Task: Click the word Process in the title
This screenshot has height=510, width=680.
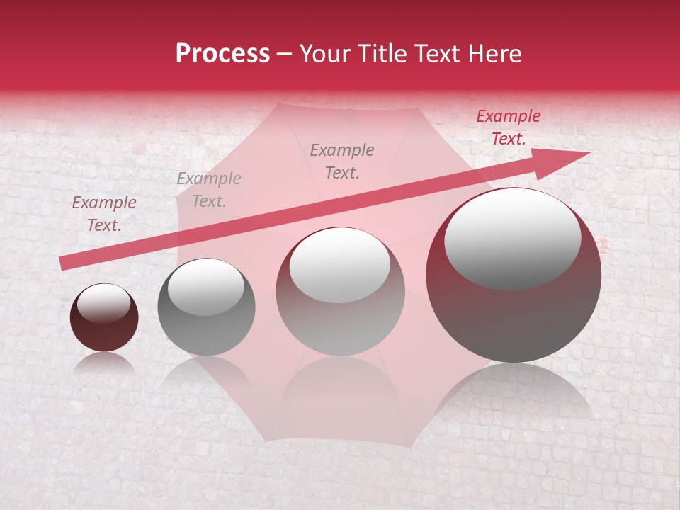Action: point(222,54)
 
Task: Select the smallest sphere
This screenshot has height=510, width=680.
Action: point(104,317)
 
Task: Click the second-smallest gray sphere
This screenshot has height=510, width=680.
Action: point(206,307)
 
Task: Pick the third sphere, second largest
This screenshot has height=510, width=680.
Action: point(341,291)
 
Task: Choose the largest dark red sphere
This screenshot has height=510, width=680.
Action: point(514,275)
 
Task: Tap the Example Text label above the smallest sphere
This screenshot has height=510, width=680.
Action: point(104,214)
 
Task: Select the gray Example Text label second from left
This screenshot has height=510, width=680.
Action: point(209,190)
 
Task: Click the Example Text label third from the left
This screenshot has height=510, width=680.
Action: point(342,161)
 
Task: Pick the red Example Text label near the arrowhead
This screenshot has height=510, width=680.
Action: point(509,127)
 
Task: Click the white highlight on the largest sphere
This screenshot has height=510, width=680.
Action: point(512,239)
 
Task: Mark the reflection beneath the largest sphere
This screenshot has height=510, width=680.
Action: point(514,390)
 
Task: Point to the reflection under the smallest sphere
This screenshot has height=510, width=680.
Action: point(104,363)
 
